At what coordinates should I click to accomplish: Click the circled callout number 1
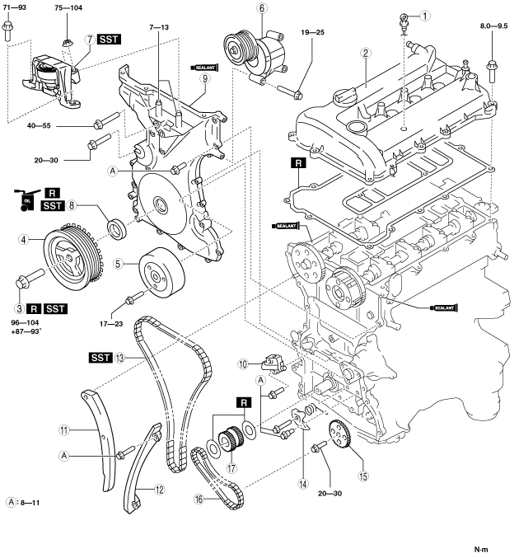(425, 15)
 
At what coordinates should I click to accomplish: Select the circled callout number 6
(261, 10)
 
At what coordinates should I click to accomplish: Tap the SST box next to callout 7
(108, 39)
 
